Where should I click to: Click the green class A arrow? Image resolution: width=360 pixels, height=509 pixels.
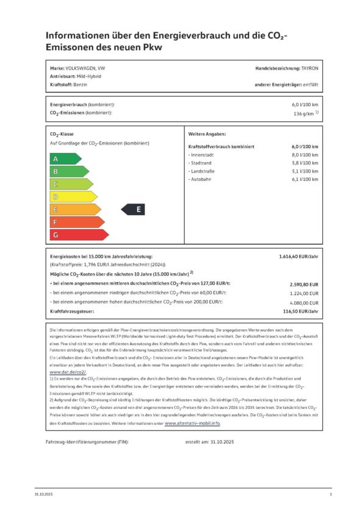pyautogui.click(x=64, y=158)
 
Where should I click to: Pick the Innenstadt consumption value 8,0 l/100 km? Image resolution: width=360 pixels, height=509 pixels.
pyautogui.click(x=304, y=155)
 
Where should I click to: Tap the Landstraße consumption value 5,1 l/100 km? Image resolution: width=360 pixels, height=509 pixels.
pyautogui.click(x=304, y=171)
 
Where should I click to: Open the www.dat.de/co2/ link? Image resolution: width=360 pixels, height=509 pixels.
pyautogui.click(x=67, y=371)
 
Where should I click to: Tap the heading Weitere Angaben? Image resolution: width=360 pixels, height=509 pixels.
pyautogui.click(x=207, y=133)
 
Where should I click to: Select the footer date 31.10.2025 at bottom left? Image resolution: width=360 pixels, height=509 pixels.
pyautogui.click(x=44, y=494)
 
